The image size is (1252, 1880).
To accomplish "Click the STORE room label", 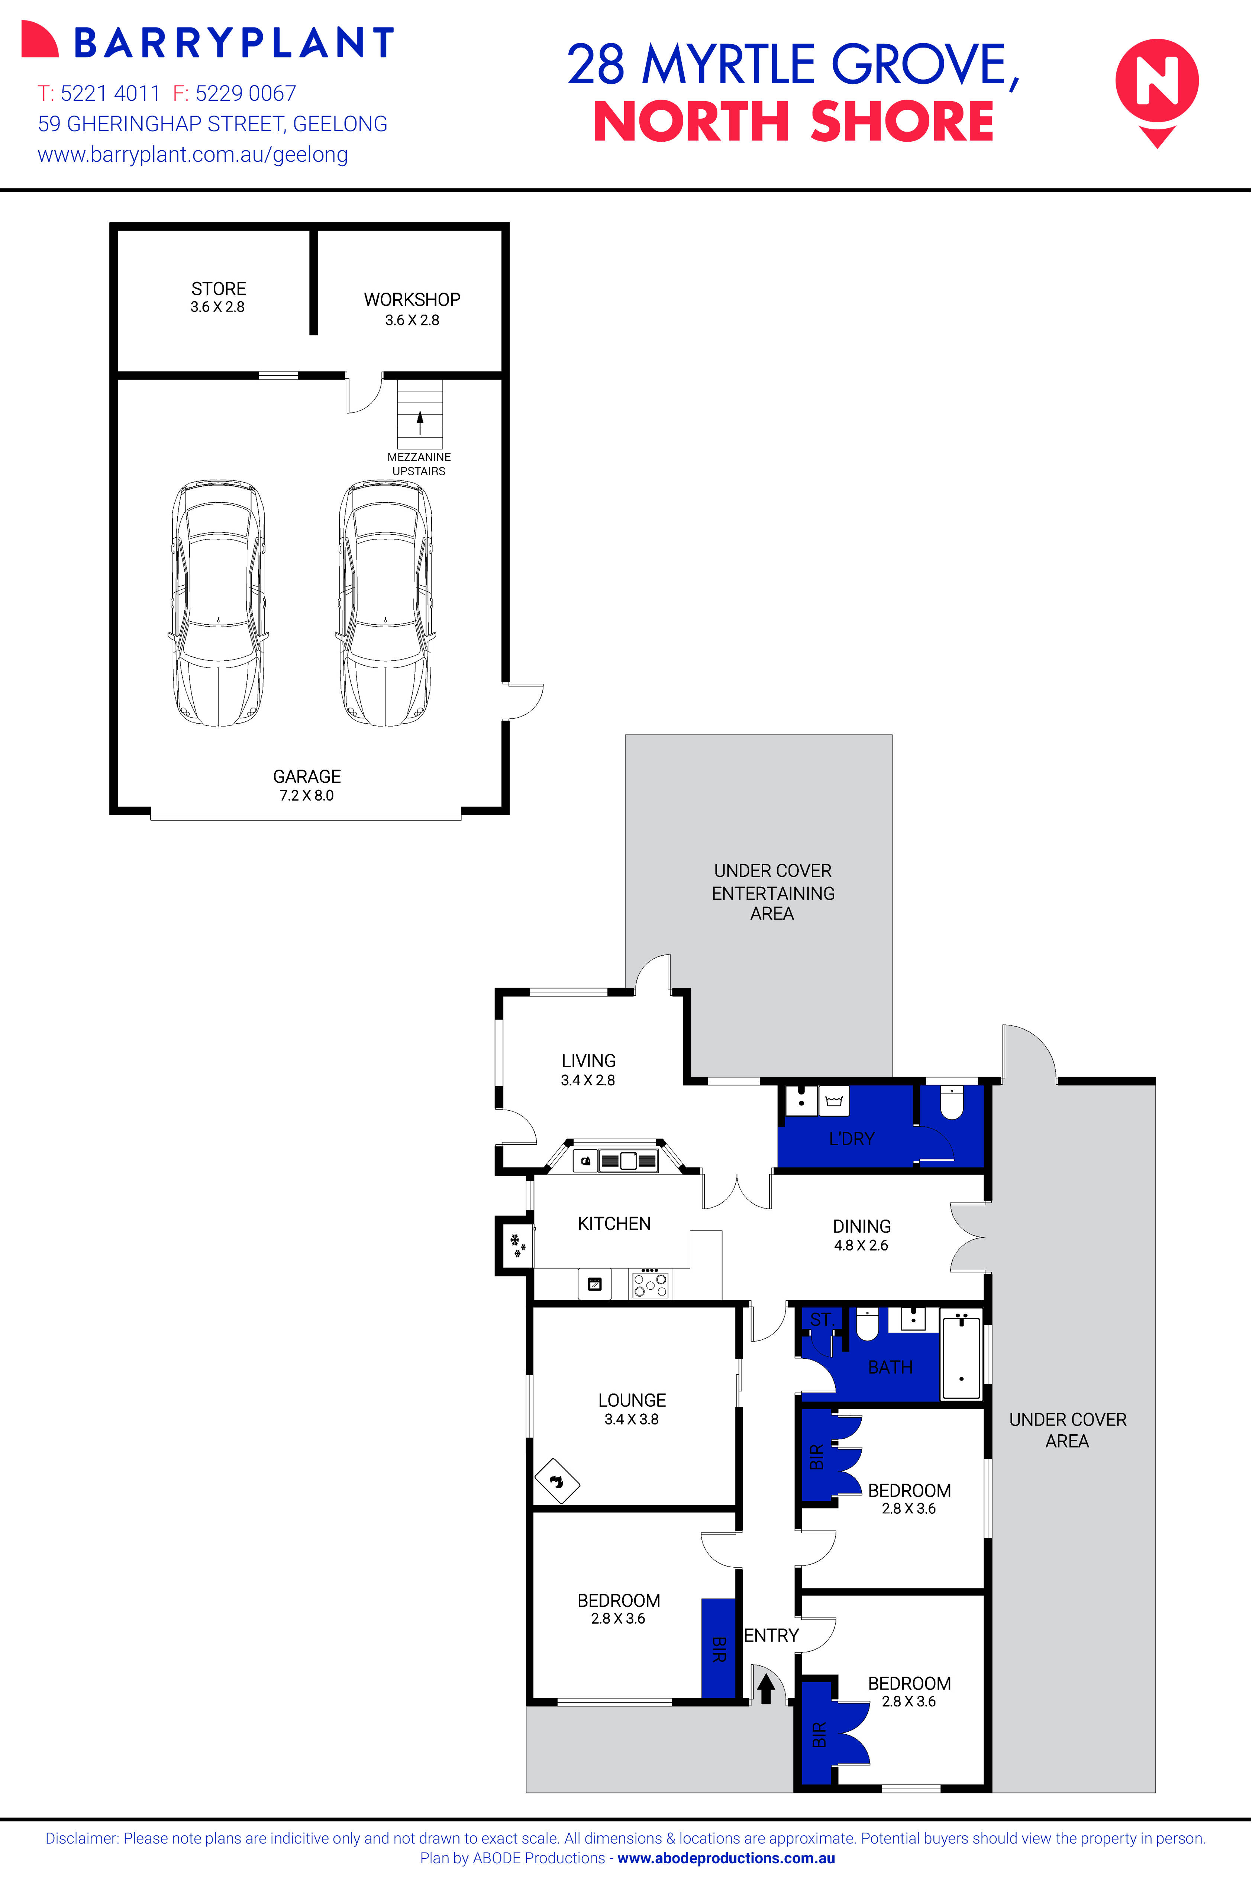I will (x=218, y=289).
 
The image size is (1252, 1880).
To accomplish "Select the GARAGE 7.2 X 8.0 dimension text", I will (x=307, y=795).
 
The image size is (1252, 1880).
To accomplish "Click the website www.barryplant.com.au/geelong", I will (x=193, y=155).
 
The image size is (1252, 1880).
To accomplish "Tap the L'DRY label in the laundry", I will (x=851, y=1139).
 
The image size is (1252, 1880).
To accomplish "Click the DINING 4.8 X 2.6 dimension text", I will (x=861, y=1245).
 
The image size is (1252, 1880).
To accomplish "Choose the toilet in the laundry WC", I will (x=952, y=1104).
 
